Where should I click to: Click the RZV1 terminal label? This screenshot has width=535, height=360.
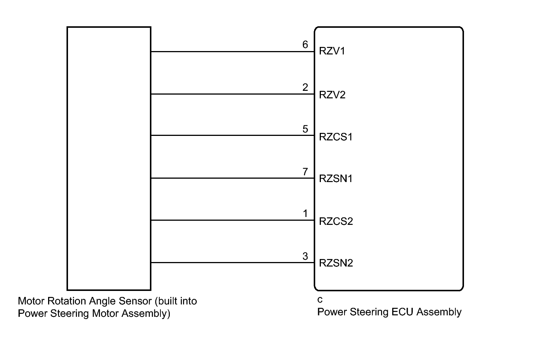coord(332,51)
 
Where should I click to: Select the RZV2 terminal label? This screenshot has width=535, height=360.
coord(332,95)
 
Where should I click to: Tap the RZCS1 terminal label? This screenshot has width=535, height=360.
coord(336,137)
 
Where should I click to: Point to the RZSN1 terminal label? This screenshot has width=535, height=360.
coord(336,179)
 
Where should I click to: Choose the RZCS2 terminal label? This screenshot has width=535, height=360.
coord(336,221)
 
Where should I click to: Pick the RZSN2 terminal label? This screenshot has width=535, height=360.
coord(336,263)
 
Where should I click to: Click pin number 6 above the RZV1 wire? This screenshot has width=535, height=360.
coord(305,45)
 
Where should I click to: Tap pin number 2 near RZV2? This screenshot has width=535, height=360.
coord(305,87)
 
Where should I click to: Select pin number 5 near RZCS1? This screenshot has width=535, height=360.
coord(305,129)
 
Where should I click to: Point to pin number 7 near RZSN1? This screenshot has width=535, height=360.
coord(305,172)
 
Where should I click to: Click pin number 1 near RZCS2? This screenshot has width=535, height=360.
coord(305,214)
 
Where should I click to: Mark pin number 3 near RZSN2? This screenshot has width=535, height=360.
coord(305,256)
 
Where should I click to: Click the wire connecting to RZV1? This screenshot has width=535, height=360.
coord(233,51)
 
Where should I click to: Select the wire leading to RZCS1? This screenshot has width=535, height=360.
coord(233,135)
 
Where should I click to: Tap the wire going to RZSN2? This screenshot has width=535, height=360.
coord(233,263)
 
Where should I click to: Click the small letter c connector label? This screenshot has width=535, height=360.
coord(320,300)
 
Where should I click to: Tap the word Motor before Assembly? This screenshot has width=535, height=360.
coord(105,313)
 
